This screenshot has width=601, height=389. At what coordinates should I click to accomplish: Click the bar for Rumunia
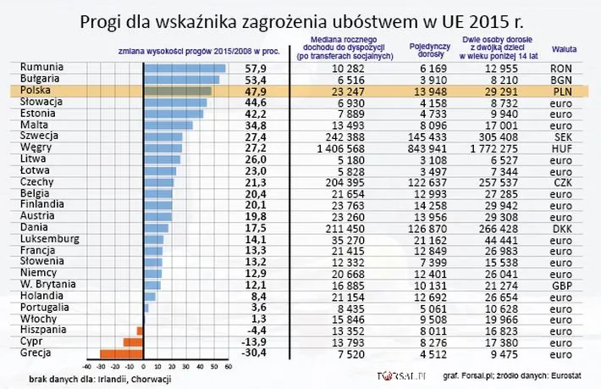point(184,67)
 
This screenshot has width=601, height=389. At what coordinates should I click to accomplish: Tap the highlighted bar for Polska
point(177,90)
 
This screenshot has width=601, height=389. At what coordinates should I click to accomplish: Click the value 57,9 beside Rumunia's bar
point(256,67)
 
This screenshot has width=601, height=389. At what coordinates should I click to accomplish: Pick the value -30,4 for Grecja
point(254,353)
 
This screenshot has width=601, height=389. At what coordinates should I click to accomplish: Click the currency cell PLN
point(560,90)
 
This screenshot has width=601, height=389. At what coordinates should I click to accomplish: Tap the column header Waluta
point(565,49)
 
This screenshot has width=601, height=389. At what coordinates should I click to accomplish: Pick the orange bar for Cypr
point(132,342)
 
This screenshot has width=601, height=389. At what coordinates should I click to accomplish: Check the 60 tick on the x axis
point(226,367)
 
